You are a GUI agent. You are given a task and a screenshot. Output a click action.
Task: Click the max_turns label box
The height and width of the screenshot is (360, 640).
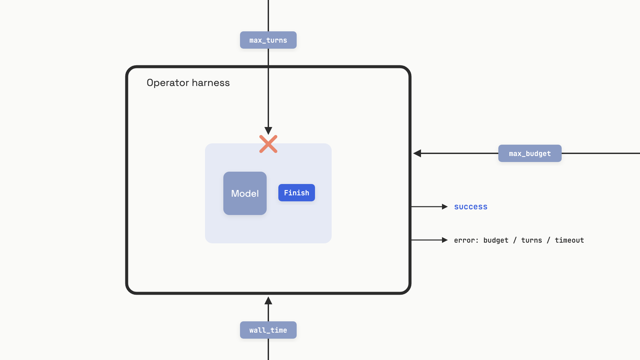tap(268, 40)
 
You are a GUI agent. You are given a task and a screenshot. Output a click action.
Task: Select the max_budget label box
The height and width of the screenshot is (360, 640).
tap(530, 153)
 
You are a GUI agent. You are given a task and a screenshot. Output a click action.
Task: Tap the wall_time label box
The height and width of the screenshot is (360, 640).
tap(268, 330)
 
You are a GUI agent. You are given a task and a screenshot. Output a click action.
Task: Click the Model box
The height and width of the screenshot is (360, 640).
tap(245, 193)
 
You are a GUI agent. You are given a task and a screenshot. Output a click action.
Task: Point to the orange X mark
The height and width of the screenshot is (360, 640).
tap(268, 144)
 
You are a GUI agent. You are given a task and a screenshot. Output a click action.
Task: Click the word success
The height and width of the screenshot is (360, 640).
tap(471, 207)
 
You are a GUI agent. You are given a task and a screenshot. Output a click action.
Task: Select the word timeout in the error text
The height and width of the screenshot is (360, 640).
tap(569, 240)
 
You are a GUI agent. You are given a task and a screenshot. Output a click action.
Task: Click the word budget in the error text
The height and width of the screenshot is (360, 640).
tap(496, 240)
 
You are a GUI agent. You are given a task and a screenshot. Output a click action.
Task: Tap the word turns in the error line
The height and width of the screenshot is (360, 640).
tap(532, 240)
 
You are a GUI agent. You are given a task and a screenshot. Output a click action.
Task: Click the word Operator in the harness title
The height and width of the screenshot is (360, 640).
tap(168, 83)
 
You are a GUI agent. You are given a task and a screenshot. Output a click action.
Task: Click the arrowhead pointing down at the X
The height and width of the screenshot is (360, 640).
tap(268, 131)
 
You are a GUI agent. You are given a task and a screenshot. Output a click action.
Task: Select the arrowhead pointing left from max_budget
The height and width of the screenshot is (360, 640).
tap(417, 153)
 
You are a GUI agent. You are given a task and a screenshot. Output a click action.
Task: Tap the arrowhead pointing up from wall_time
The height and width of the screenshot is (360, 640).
tap(268, 301)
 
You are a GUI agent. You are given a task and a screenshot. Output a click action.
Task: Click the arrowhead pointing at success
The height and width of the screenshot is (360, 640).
tap(445, 207)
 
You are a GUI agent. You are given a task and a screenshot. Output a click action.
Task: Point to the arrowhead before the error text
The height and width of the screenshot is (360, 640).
tap(445, 240)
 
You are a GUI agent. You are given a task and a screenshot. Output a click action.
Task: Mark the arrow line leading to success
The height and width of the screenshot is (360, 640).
tap(429, 207)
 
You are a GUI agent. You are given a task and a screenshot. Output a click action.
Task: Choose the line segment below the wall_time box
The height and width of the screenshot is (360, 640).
tap(268, 349)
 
